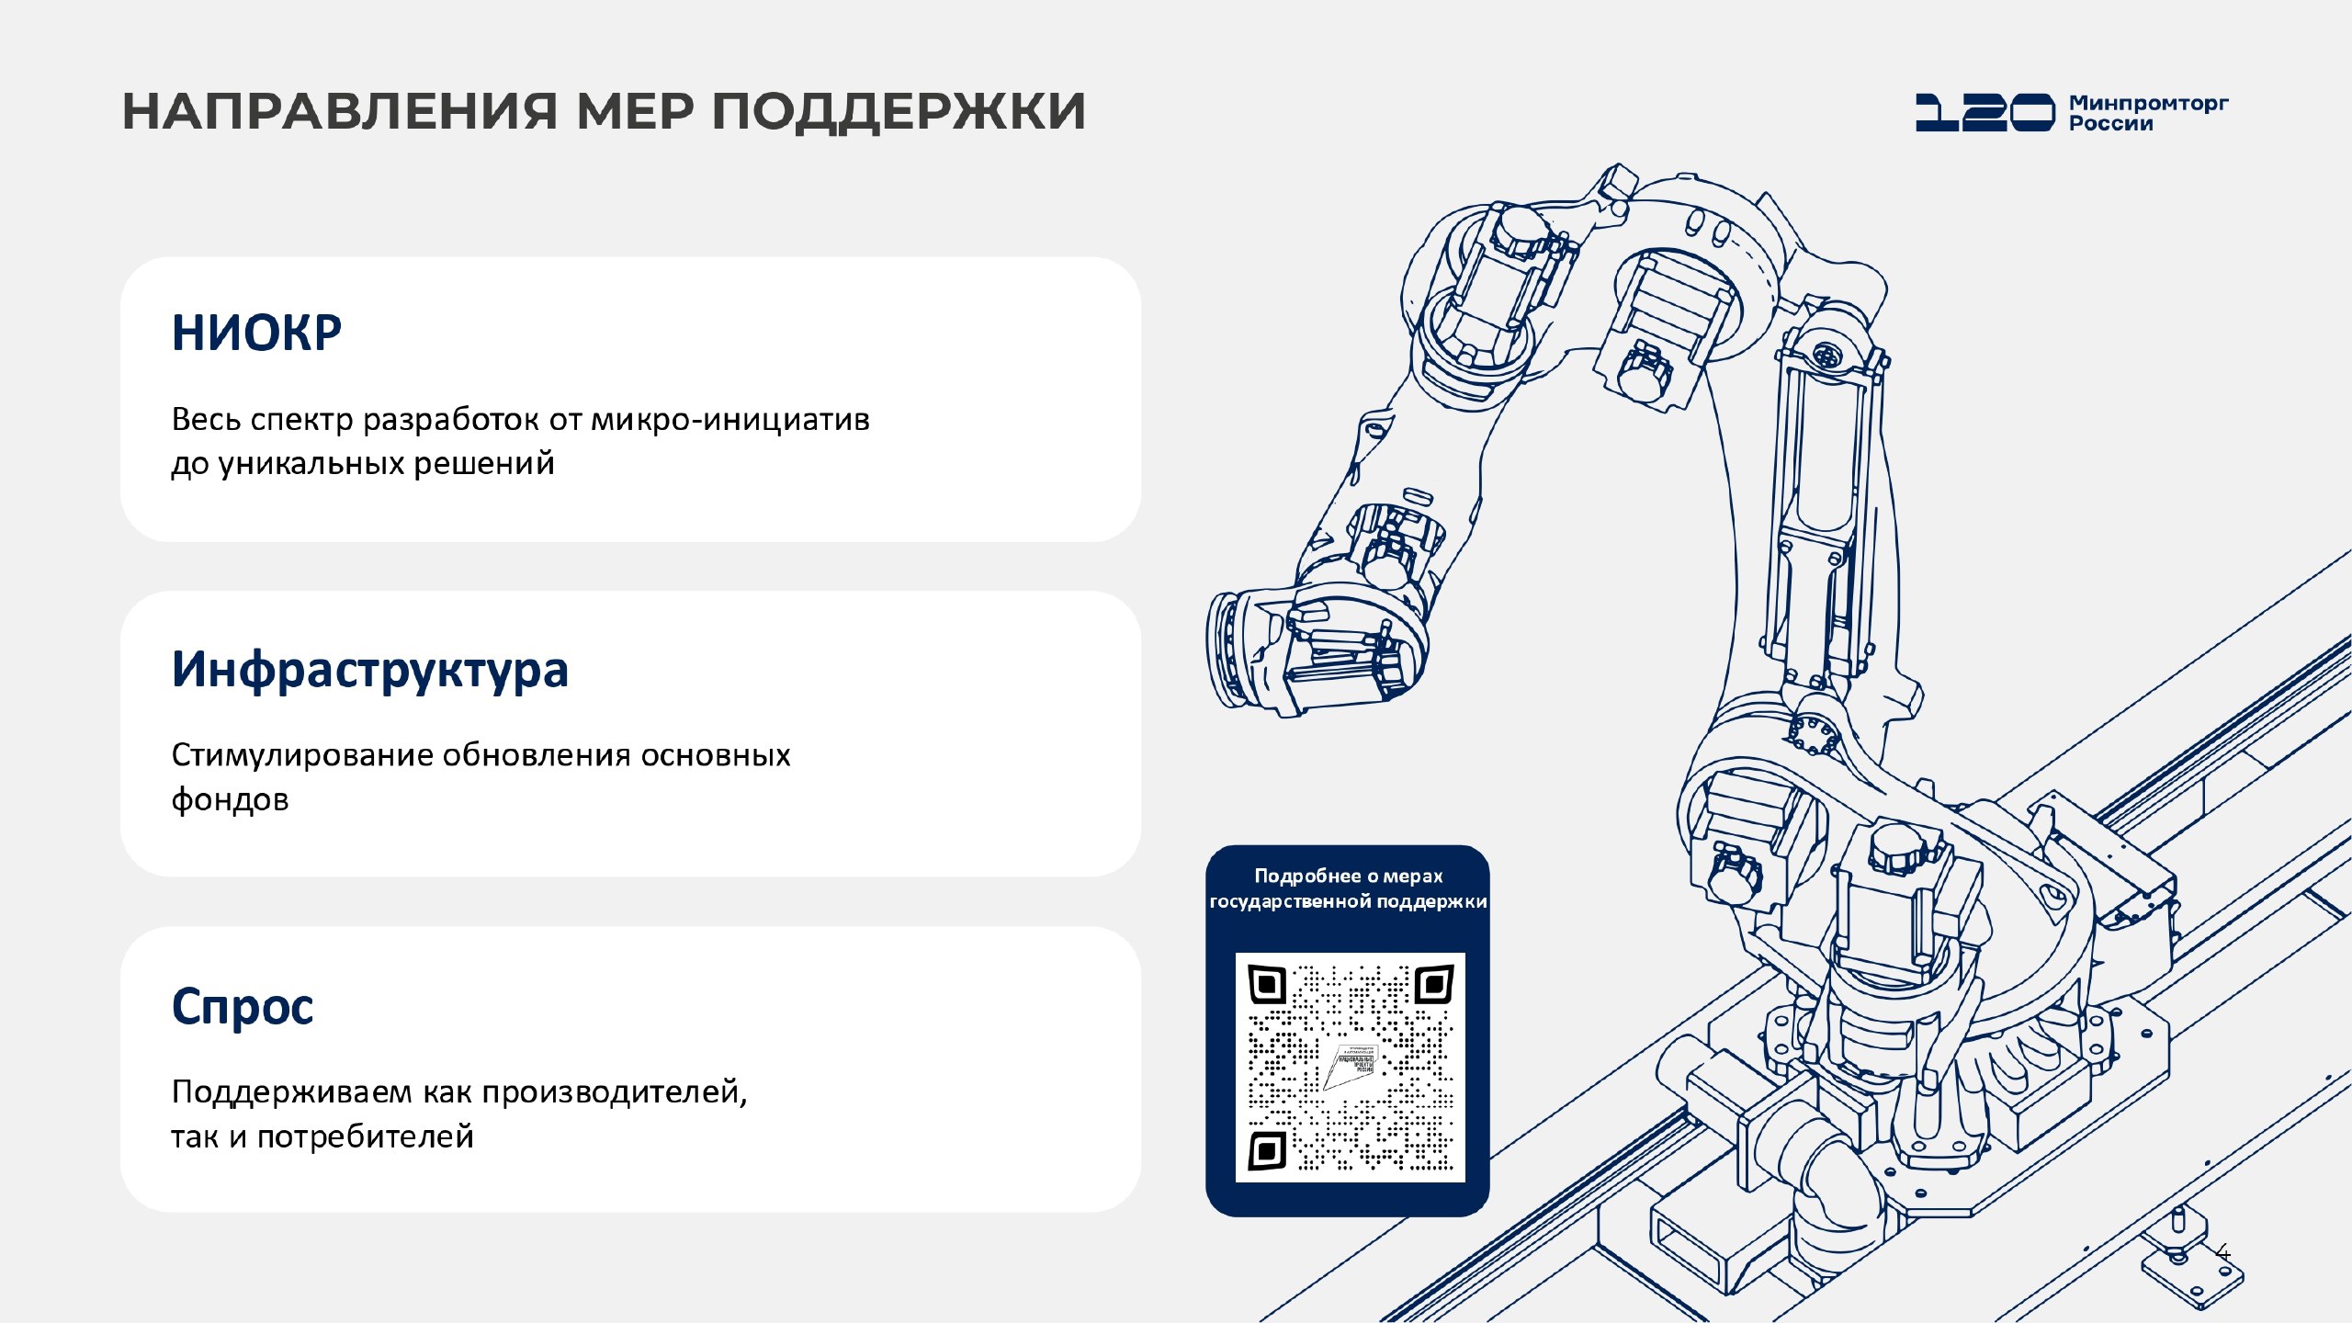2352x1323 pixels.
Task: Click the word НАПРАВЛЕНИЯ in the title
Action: coord(339,111)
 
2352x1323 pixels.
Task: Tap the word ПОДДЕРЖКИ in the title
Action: coord(898,111)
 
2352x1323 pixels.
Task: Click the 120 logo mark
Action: coord(1984,112)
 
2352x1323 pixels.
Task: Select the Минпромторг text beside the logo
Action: coord(2148,103)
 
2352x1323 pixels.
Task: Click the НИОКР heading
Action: coord(256,333)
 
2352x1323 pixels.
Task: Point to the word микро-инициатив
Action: coord(729,419)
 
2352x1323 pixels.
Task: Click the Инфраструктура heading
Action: coord(369,669)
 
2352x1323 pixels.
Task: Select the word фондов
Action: coord(230,799)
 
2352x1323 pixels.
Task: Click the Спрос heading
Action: coord(243,1006)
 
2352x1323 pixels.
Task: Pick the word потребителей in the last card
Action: coord(365,1136)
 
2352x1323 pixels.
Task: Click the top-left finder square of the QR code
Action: coord(1267,986)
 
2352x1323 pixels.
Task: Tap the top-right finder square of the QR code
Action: coord(1433,986)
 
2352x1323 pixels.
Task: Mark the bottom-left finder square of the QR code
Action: coord(1267,1150)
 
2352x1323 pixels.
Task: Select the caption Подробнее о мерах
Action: coord(1348,876)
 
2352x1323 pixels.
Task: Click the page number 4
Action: coord(2223,1253)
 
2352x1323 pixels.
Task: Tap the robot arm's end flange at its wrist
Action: coord(1226,650)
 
